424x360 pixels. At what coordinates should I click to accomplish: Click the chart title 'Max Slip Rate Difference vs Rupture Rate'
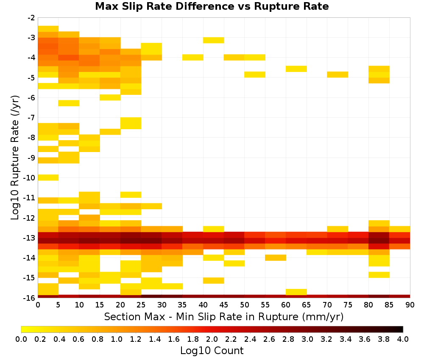212,6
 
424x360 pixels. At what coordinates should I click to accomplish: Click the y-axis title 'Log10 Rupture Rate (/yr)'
15,158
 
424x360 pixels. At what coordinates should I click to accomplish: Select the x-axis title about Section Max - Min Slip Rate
224,316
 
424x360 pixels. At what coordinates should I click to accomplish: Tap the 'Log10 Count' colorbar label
212,351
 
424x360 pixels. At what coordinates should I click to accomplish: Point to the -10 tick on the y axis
29,178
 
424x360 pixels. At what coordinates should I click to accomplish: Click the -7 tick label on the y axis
31,118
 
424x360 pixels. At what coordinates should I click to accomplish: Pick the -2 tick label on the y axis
31,18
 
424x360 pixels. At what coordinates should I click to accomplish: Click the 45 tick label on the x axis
223,305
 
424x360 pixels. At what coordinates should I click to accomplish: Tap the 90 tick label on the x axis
410,305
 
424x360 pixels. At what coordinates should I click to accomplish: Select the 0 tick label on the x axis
38,305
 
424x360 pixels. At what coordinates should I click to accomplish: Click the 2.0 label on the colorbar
212,339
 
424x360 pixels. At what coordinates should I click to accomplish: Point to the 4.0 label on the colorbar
403,339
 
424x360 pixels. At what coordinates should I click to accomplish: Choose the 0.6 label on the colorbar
78,339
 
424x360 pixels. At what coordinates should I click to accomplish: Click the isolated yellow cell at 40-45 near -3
214,40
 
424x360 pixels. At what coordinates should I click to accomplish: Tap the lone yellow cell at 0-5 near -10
48,177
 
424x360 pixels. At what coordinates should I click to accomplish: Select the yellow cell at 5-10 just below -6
69,103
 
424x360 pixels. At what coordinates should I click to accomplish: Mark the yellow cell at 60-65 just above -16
296,292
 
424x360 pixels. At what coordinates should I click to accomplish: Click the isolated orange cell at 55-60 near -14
276,258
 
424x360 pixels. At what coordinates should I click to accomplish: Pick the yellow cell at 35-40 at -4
193,57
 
